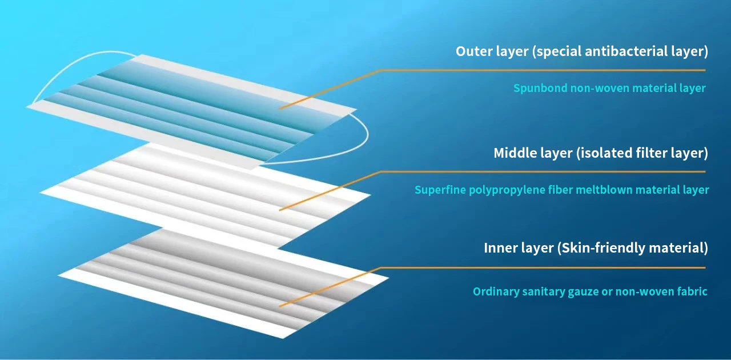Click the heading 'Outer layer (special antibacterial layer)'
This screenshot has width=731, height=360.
(x=581, y=51)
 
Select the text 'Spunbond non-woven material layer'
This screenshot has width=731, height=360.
(x=609, y=89)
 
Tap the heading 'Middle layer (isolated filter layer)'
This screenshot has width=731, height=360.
(x=601, y=153)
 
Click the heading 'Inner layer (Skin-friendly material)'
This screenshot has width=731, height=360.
(x=596, y=248)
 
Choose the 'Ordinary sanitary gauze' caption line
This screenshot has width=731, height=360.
(x=590, y=292)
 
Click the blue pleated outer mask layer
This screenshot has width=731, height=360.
(x=188, y=109)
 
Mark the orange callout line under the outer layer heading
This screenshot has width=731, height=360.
(x=543, y=70)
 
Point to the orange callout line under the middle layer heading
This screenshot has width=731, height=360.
(x=543, y=171)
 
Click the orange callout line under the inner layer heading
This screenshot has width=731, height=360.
(x=543, y=267)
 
